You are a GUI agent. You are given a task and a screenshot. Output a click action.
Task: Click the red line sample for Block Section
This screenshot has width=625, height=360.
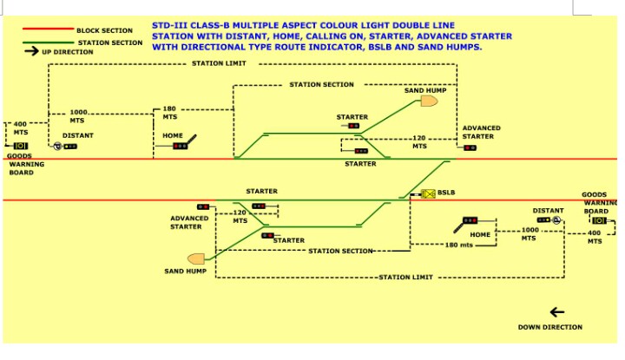point(48,30)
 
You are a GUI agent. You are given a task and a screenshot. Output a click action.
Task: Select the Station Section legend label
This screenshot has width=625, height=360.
point(110,42)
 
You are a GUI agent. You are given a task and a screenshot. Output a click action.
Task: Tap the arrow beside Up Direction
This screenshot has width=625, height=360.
point(31,52)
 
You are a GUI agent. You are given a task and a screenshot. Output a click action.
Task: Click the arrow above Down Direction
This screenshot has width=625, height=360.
point(556,312)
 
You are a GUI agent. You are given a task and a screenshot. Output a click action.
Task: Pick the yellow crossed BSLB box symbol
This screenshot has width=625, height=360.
point(427,193)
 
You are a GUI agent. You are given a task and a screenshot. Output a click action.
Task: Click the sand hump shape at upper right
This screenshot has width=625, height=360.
point(428,102)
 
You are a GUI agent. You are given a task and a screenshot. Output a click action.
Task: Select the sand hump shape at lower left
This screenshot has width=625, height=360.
point(195,259)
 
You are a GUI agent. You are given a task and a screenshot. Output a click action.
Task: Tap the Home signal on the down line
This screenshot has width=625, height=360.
point(470,222)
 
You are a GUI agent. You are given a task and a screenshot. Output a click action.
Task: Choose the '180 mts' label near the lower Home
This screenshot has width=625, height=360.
point(458,245)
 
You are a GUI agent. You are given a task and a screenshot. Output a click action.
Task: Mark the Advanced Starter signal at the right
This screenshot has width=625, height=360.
point(470,147)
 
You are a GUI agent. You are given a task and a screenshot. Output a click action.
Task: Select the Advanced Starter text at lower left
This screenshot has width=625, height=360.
point(189,223)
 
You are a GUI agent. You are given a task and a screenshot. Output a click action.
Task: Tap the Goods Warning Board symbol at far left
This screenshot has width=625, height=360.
point(20,146)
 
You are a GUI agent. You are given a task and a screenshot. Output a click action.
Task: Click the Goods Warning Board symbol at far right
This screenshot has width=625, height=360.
point(599,220)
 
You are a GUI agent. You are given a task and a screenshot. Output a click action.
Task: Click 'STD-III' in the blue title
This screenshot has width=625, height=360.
point(170,26)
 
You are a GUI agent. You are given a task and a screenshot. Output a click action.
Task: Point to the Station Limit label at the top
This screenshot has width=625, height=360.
point(214,63)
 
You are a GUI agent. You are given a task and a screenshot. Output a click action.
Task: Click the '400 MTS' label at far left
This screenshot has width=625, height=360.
point(20,128)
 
